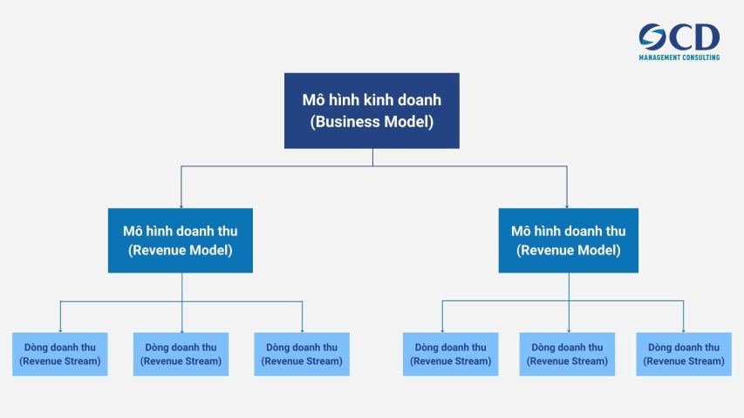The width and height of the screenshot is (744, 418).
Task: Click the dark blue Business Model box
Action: pyautogui.click(x=372, y=111)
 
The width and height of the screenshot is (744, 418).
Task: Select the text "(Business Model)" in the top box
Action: pyautogui.click(x=372, y=122)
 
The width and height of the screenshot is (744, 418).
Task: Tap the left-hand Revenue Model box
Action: pyautogui.click(x=181, y=240)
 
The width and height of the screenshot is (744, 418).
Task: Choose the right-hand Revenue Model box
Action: pyautogui.click(x=568, y=240)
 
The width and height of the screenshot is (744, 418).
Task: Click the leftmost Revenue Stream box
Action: pyautogui.click(x=60, y=354)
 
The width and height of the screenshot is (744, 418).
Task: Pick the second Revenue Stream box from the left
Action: pyautogui.click(x=181, y=354)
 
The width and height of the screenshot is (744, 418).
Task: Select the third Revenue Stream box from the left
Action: pyautogui.click(x=302, y=354)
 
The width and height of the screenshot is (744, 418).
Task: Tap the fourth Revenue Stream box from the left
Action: pyautogui.click(x=450, y=354)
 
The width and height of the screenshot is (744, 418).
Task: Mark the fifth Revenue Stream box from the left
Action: pyautogui.click(x=567, y=354)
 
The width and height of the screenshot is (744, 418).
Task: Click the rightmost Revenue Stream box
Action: pyautogui.click(x=683, y=354)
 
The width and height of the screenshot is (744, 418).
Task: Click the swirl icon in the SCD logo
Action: pyautogui.click(x=652, y=37)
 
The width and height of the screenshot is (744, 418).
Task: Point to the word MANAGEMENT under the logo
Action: pyautogui.click(x=662, y=57)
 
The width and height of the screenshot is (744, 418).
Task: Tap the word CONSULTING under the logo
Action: pyautogui.click(x=703, y=57)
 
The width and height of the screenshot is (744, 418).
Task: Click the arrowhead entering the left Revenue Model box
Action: pyautogui.click(x=181, y=205)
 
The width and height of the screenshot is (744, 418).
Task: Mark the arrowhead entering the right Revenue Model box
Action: pyautogui.click(x=567, y=205)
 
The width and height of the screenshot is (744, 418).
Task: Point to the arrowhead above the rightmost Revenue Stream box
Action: pyautogui.click(x=683, y=329)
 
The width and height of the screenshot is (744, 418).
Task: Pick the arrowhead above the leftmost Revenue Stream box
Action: pyautogui.click(x=60, y=329)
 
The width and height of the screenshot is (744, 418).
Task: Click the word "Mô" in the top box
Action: pyautogui.click(x=313, y=100)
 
